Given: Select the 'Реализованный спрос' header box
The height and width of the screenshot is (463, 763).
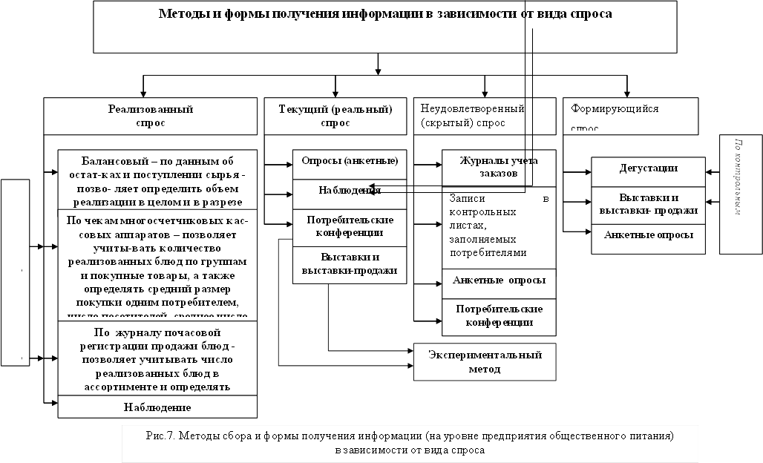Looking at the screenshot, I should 150,116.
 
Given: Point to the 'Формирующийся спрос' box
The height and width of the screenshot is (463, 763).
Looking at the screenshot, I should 630,116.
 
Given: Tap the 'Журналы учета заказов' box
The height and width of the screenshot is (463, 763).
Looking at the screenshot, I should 499,168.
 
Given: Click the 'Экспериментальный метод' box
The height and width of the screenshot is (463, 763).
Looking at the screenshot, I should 485,361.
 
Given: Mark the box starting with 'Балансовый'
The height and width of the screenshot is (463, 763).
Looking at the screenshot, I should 158,179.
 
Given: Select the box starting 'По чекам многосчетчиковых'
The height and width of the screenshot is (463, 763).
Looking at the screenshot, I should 158,263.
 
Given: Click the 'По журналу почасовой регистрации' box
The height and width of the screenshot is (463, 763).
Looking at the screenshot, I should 158,359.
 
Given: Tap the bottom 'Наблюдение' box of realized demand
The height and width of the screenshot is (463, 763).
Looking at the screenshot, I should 158,407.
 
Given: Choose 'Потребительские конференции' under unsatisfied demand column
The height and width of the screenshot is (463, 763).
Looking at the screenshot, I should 499,315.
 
